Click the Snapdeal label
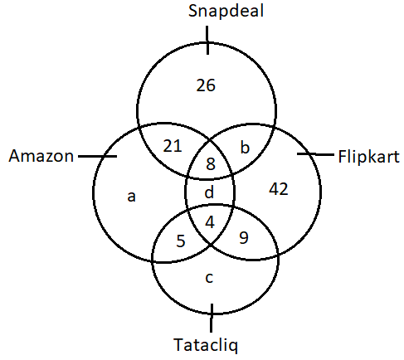(226, 12)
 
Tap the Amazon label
(41, 156)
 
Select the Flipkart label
(369, 158)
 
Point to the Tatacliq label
(206, 345)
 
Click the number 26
(206, 85)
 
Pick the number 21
(173, 146)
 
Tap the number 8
(211, 163)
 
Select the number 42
(279, 189)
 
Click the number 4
(210, 222)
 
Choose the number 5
(181, 241)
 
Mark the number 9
(244, 237)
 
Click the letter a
(131, 197)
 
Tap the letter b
(245, 147)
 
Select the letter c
(209, 278)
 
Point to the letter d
(209, 192)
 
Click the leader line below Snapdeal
(207, 41)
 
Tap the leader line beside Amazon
(97, 156)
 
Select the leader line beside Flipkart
(315, 154)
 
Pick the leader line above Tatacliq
(212, 318)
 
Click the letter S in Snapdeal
(193, 12)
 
